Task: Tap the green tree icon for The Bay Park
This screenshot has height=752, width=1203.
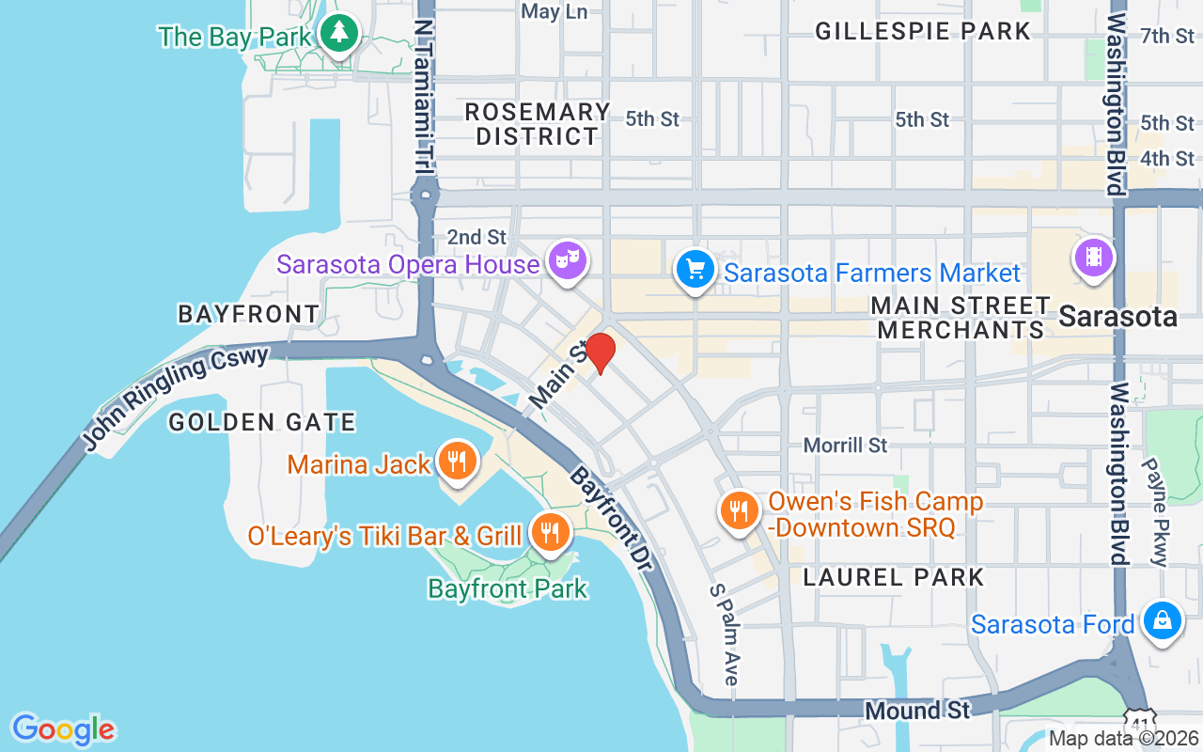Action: tap(336, 34)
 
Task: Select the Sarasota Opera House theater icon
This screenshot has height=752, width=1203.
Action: tap(569, 258)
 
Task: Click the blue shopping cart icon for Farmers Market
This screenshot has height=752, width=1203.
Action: tap(695, 269)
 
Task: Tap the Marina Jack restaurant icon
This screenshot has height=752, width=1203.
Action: tap(457, 461)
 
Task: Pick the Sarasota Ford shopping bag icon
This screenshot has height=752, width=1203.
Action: tap(1163, 620)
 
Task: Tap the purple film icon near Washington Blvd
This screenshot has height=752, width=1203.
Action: tap(1093, 255)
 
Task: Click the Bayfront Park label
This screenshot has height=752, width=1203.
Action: tap(508, 589)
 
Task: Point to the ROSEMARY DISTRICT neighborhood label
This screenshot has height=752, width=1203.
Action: tap(538, 124)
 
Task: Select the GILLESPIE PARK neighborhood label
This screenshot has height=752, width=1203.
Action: tap(923, 31)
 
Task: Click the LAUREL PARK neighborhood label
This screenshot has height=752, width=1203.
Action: tap(894, 577)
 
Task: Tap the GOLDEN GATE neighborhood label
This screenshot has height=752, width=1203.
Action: tap(262, 423)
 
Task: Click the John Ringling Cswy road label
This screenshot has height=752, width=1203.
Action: tap(176, 398)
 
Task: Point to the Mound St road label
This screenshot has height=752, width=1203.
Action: tap(904, 711)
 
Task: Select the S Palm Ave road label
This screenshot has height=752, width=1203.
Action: tap(725, 634)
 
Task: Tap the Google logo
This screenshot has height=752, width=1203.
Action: tap(63, 728)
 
